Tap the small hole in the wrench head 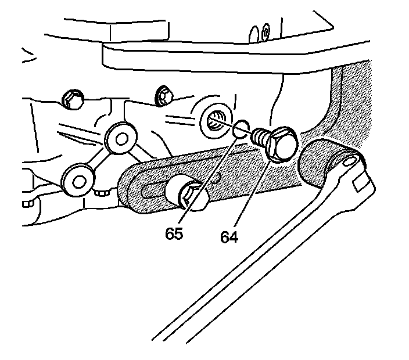(349, 159)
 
